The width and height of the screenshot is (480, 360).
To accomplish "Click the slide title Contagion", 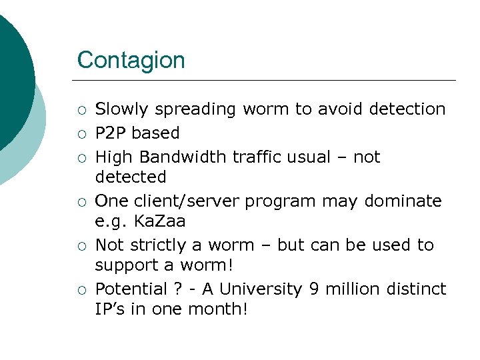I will (x=131, y=60).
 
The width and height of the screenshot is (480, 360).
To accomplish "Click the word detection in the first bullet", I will (x=407, y=109).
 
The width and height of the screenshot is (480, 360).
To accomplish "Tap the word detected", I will (x=130, y=177).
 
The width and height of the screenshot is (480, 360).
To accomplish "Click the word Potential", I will (x=128, y=289).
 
